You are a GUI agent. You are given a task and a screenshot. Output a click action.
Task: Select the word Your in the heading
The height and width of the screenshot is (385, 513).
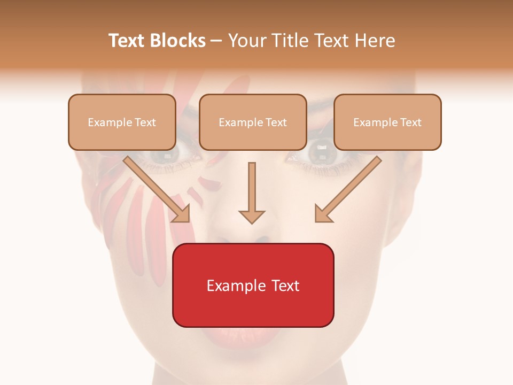245,41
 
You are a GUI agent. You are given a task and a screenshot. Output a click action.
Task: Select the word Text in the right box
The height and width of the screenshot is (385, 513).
410,122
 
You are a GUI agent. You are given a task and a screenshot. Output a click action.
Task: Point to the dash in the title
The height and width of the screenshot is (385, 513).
216,41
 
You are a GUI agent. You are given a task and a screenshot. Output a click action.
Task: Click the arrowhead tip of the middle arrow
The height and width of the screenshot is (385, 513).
252,222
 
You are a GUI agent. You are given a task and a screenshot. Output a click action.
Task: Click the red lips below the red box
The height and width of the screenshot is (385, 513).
251,337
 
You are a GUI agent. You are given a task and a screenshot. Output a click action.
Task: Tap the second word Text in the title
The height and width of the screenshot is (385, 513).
325,41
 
